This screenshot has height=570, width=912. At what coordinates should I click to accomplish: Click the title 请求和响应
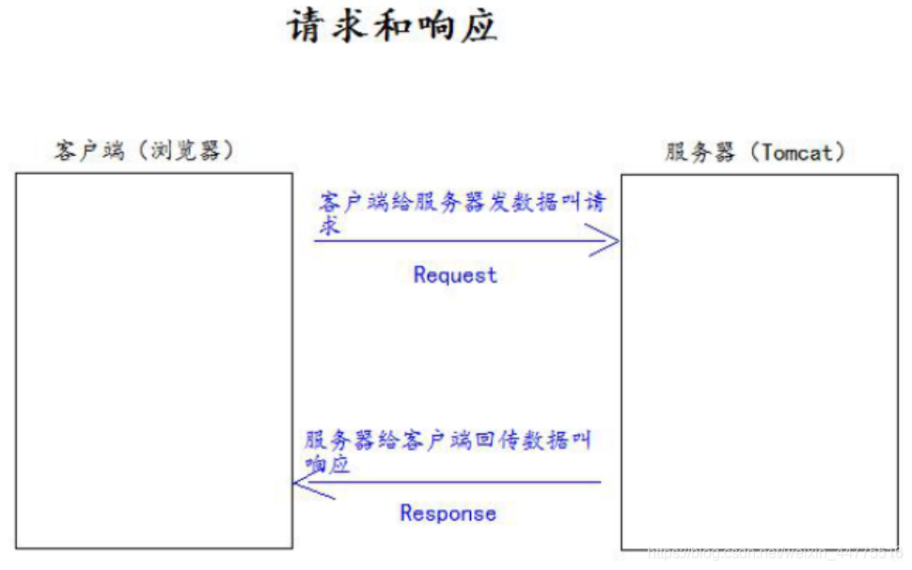click(x=391, y=26)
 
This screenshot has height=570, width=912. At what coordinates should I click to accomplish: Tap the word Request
click(x=454, y=275)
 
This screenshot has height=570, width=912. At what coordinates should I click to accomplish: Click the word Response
click(x=448, y=513)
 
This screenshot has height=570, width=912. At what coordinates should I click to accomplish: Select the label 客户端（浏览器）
click(x=143, y=150)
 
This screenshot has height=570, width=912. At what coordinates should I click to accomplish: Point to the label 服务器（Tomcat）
click(x=755, y=153)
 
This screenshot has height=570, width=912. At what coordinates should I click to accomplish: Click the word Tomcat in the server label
click(x=796, y=153)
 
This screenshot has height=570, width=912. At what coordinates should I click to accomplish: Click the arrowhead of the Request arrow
click(x=609, y=241)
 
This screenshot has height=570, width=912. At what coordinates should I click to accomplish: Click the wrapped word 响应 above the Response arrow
click(x=327, y=464)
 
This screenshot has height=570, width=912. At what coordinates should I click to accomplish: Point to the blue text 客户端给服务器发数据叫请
click(x=462, y=203)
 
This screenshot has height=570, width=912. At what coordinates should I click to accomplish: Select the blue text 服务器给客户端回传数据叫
click(x=448, y=440)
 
